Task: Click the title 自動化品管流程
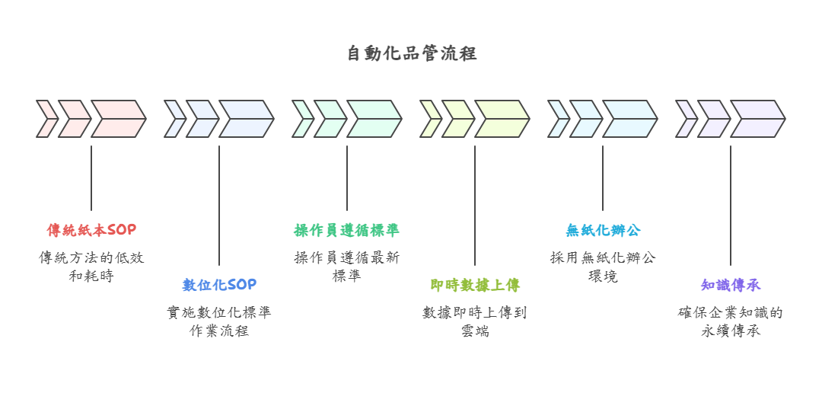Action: (411, 54)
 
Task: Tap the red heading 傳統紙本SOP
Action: (91, 230)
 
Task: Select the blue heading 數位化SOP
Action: (219, 285)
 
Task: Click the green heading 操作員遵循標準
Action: (347, 230)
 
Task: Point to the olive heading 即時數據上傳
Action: (475, 285)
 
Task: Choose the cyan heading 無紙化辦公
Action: (603, 230)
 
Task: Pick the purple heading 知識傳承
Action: (731, 285)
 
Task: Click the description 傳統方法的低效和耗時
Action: (91, 267)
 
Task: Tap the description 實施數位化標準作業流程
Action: (219, 321)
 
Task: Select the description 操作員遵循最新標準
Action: (347, 267)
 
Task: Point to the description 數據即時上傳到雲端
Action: (475, 321)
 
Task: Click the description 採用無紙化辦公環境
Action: (603, 267)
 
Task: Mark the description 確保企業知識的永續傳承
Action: (731, 321)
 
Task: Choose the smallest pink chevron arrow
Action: (47, 119)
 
